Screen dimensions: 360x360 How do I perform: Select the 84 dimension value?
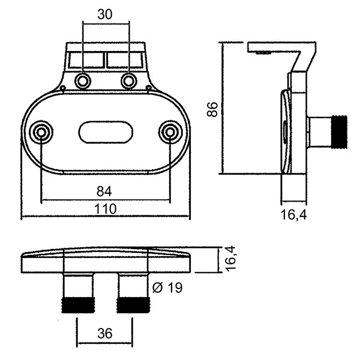click(104, 191)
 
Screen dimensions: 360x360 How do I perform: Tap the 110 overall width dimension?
click(105, 209)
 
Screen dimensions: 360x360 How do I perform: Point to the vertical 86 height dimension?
click(211, 109)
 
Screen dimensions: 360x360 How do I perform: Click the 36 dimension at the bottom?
click(104, 333)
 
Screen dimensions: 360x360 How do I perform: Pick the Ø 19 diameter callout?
click(167, 288)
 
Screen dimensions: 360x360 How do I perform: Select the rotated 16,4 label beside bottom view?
click(229, 259)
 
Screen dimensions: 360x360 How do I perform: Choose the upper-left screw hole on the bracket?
click(83, 80)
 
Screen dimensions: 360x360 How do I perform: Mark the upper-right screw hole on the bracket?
click(129, 80)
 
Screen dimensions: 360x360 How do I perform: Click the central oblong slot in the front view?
click(106, 132)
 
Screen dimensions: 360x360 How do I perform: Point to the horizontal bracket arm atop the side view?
click(279, 47)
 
